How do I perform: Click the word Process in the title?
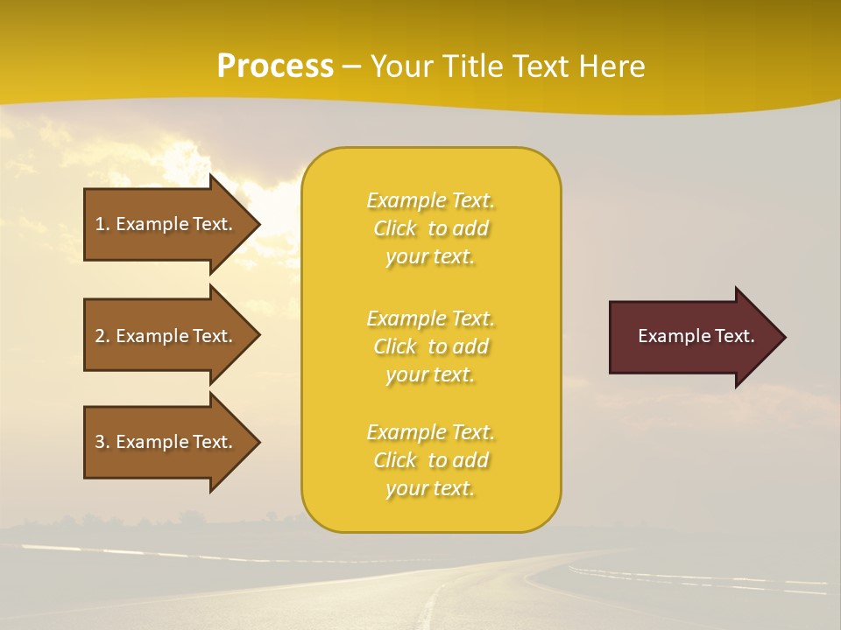(275, 66)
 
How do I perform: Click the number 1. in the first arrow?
(102, 224)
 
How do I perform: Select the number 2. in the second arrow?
(102, 336)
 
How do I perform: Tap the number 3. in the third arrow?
(102, 442)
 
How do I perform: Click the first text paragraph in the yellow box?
(430, 228)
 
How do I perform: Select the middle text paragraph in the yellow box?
(430, 346)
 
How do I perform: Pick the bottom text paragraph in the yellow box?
(430, 460)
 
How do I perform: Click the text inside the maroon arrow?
(696, 336)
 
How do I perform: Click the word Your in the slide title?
(403, 66)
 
